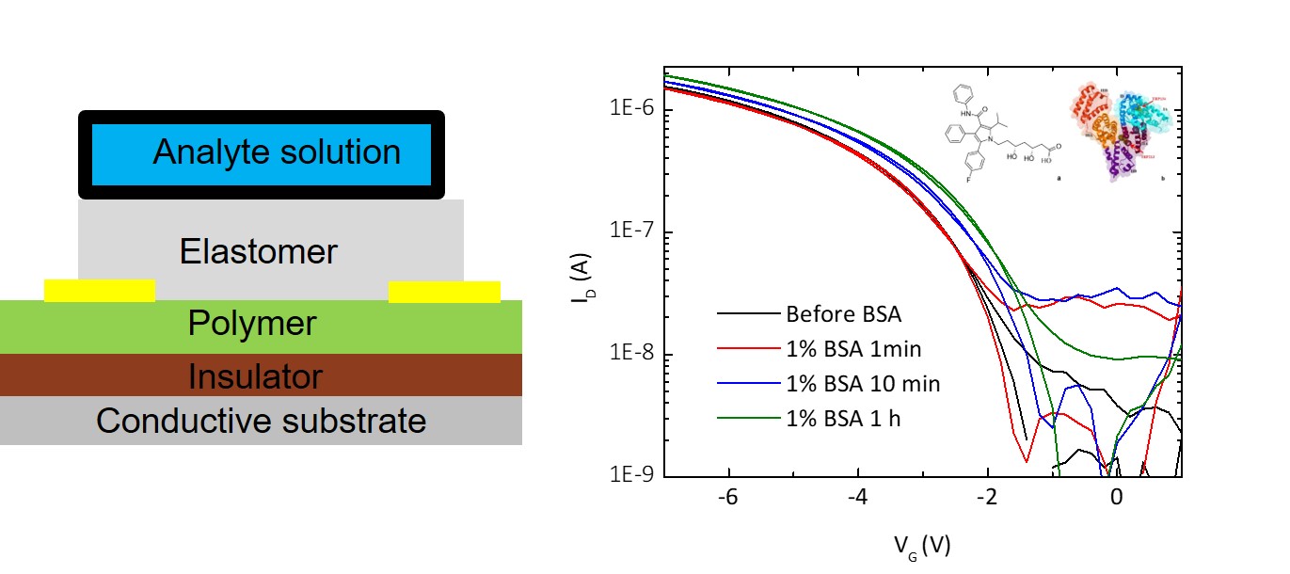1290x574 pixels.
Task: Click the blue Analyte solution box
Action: [x=261, y=153]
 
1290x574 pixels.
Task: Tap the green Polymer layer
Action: [x=252, y=325]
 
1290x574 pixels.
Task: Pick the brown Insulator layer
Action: [x=255, y=376]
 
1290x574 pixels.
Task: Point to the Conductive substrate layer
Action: [x=261, y=421]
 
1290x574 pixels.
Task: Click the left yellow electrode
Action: [x=100, y=291]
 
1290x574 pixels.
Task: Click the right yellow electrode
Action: [x=444, y=292]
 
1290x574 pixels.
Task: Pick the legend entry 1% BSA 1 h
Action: [x=843, y=419]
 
